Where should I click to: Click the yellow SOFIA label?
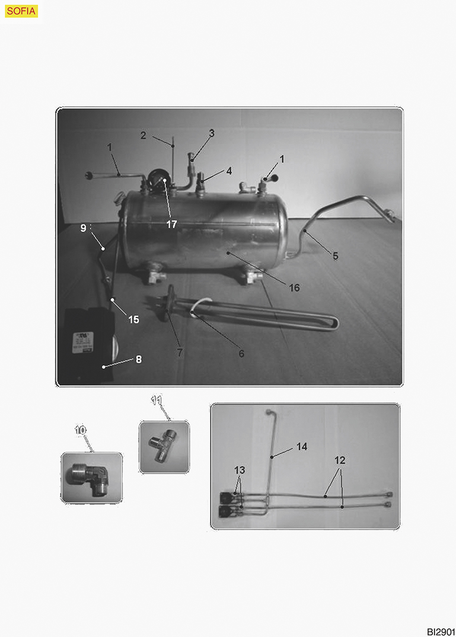[x=21, y=11]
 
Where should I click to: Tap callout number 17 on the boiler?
[x=171, y=224]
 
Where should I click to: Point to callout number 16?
[x=294, y=287]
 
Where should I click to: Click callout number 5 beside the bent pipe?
[x=335, y=256]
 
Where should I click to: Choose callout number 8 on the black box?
[x=139, y=359]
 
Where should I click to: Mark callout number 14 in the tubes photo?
[x=302, y=446]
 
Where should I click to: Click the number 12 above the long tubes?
[x=340, y=460]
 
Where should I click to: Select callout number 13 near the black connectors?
[x=240, y=470]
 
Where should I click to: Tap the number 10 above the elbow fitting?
[x=80, y=430]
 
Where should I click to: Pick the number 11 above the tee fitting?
[x=157, y=401]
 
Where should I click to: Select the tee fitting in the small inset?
[x=163, y=446]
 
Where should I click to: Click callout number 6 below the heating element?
[x=241, y=354]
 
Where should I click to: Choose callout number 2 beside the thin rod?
[x=143, y=135]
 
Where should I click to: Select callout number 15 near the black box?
[x=133, y=320]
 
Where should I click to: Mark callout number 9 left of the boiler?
[x=84, y=228]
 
